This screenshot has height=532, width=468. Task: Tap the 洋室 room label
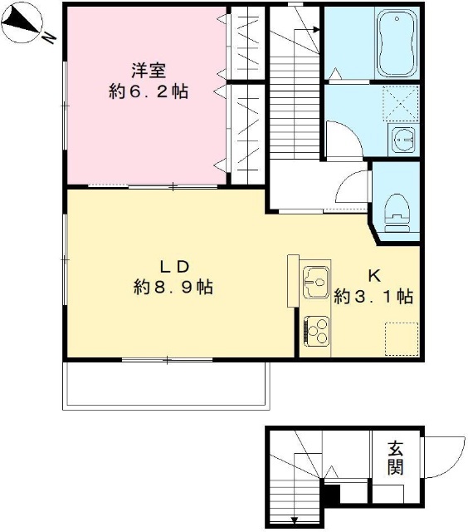click(x=149, y=68)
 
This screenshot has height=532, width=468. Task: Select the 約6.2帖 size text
click(x=149, y=91)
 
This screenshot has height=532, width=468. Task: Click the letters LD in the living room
click(x=175, y=266)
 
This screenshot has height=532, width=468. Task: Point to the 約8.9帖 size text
click(x=174, y=288)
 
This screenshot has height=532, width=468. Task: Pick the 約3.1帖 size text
click(x=373, y=297)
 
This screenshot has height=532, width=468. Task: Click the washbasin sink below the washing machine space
click(x=405, y=140)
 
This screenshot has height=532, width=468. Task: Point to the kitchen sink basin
click(x=316, y=281)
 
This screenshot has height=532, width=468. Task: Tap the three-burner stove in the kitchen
click(x=316, y=331)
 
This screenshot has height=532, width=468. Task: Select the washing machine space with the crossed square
click(x=400, y=105)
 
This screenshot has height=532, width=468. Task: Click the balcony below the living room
click(x=167, y=385)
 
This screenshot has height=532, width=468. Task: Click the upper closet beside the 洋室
click(x=247, y=43)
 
